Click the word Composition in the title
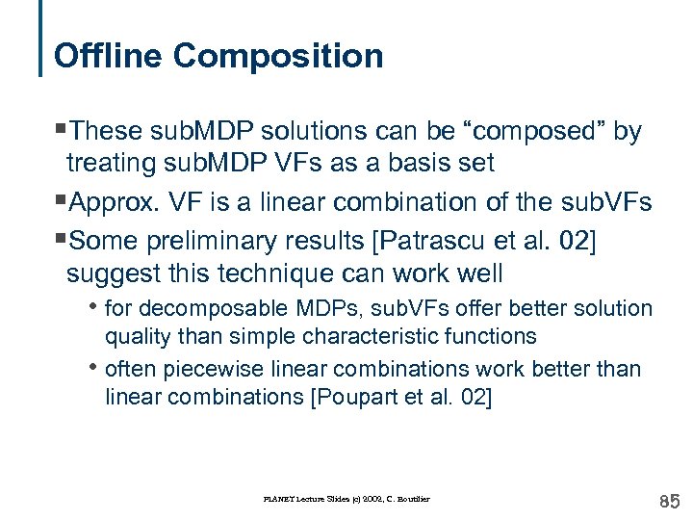tap(278, 56)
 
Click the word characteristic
tap(375, 336)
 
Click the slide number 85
tap(669, 501)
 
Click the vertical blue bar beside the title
tap(41, 39)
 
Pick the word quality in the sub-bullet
tap(133, 336)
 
